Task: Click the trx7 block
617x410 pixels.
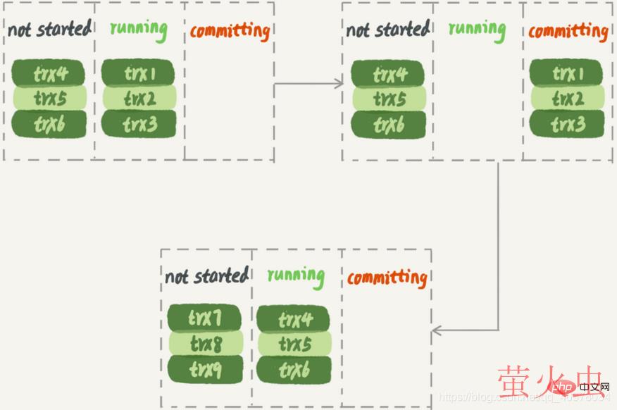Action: coord(204,318)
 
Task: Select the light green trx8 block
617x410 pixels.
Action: coord(205,344)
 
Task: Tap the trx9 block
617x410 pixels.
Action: coord(205,368)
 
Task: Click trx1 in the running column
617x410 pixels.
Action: coord(139,73)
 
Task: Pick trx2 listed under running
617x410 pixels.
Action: coord(139,99)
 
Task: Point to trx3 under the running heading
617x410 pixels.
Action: coord(139,124)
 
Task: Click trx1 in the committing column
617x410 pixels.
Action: coord(566,73)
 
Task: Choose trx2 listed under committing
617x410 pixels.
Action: coord(566,99)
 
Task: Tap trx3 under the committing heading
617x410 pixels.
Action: coord(566,124)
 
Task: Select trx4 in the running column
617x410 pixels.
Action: coord(294,319)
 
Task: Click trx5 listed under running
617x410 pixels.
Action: coord(294,344)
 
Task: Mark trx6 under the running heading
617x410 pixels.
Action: coord(294,369)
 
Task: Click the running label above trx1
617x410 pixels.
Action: coord(138,30)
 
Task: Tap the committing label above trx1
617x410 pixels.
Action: coord(568,31)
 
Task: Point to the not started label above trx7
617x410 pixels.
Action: coord(206,275)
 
